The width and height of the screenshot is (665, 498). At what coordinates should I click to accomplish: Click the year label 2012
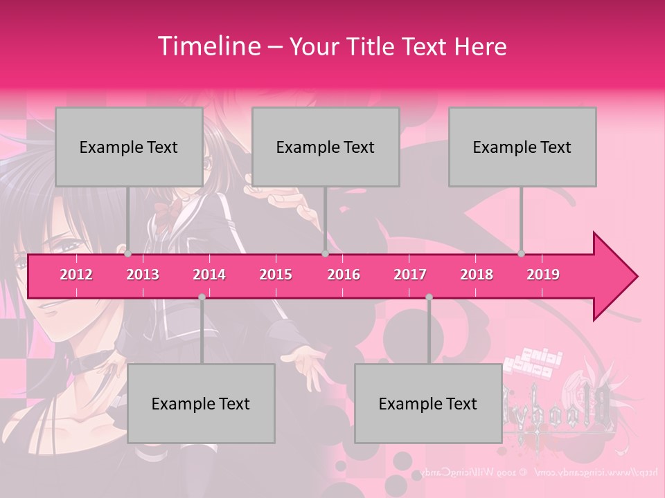(x=76, y=275)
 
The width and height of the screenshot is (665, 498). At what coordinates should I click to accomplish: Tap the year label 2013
(x=143, y=275)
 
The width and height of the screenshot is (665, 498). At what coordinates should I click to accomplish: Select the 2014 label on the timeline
(x=209, y=275)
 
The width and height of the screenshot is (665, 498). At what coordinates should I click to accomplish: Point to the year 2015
(x=276, y=275)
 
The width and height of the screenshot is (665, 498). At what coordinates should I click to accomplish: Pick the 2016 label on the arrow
(x=344, y=275)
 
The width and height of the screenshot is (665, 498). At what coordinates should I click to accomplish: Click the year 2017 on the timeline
(x=410, y=275)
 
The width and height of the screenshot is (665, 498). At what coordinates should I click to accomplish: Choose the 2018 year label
(x=477, y=275)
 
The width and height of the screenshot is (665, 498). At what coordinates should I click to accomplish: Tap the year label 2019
(x=543, y=275)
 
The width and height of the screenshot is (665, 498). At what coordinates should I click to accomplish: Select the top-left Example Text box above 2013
(x=129, y=147)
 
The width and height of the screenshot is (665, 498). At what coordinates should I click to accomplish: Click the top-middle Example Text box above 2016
(x=326, y=147)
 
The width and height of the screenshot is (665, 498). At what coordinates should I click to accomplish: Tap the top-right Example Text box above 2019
(x=522, y=147)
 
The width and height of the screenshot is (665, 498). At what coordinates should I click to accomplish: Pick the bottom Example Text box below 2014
(x=201, y=403)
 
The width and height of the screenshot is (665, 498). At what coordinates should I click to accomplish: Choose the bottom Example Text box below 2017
(x=428, y=403)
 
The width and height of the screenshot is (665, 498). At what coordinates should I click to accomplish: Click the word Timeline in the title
(x=208, y=46)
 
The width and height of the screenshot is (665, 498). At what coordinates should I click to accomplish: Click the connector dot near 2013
(x=128, y=254)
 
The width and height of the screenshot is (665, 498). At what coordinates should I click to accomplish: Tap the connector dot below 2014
(x=202, y=297)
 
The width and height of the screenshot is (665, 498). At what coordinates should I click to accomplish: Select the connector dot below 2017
(x=429, y=297)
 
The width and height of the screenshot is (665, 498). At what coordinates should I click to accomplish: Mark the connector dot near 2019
(x=522, y=254)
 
